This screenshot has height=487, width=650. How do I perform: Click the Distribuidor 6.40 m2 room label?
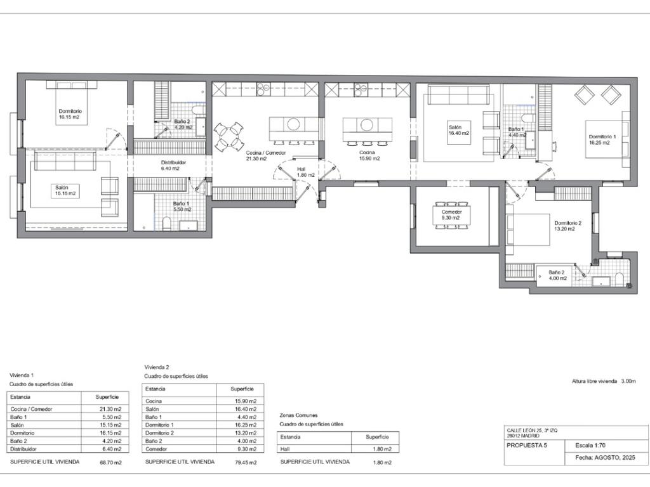point(173,166)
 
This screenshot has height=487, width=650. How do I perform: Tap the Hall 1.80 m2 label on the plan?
point(305,172)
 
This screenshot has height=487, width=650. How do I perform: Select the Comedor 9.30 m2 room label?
point(451,214)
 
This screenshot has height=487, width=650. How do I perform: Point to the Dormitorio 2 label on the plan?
point(568,223)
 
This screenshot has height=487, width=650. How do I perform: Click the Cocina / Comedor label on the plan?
point(266,153)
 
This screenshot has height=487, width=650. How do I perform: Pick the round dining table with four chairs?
point(229,136)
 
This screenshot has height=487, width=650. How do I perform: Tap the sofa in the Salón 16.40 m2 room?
point(458,95)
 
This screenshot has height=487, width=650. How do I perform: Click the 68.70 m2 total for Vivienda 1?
point(110,462)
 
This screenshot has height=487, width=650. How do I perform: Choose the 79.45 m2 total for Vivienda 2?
point(246,462)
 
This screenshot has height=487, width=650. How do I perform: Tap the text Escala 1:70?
point(590,446)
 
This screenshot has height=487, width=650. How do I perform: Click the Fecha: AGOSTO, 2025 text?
point(605,458)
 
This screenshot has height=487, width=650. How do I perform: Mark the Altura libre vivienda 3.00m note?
point(604,381)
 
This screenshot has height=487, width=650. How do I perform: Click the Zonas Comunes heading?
point(298,415)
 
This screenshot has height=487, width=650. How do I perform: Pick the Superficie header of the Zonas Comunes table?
point(377,437)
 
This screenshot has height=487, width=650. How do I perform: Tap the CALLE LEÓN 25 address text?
point(533,431)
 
